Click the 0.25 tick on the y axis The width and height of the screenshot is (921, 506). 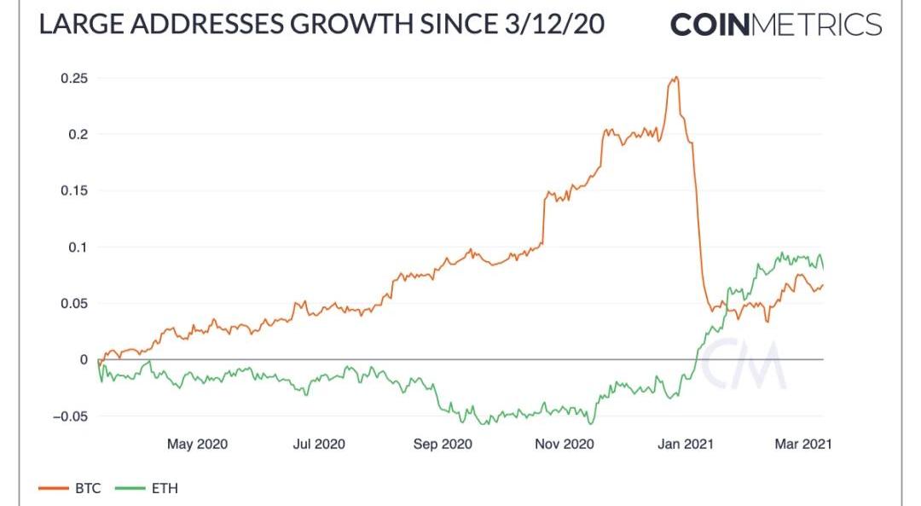pos(74,79)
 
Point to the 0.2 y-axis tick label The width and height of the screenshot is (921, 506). pos(78,135)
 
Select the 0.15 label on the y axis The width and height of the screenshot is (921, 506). pos(74,191)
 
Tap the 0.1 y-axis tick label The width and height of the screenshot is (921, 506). pos(78,247)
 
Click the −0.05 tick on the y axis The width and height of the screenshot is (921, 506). pos(70,416)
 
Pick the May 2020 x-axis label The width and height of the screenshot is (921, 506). pos(197,444)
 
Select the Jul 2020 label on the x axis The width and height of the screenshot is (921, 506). pos(319,444)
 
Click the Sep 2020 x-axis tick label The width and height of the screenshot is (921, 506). pos(441,444)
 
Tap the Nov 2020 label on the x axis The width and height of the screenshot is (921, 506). pos(563,444)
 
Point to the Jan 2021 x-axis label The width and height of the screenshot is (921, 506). pos(685,444)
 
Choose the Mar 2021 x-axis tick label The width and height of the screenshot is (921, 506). pos(802,444)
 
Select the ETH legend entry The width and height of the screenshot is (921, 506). pos(145,488)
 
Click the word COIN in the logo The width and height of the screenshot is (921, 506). pos(710,24)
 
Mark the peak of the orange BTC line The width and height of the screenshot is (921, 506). pos(675,78)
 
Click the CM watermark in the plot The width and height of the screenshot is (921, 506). pos(748,364)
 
